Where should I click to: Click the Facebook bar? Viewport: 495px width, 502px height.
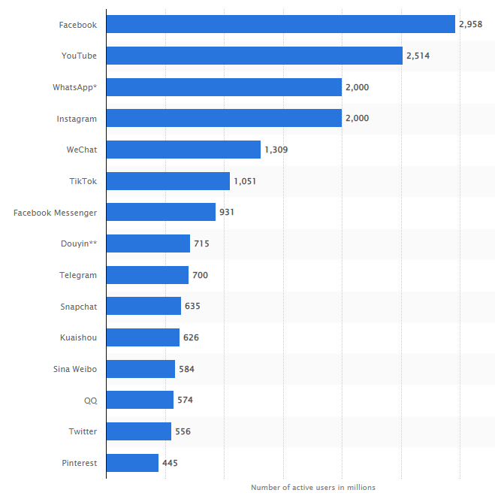click(280, 24)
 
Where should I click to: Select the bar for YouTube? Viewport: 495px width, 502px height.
click(254, 56)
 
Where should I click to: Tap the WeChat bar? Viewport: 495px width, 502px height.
click(183, 150)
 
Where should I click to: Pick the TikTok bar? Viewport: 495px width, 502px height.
click(168, 181)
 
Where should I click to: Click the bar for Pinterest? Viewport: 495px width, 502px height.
click(132, 463)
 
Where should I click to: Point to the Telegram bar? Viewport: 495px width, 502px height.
click(147, 275)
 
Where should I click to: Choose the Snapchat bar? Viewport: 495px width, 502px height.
click(143, 306)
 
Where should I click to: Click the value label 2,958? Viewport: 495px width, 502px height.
click(470, 25)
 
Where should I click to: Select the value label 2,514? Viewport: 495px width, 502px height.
click(418, 56)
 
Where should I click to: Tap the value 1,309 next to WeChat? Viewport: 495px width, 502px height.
click(276, 150)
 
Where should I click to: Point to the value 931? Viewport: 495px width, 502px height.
click(227, 213)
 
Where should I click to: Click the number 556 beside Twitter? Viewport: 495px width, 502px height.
click(183, 431)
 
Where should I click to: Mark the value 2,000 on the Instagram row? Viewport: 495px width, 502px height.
click(357, 118)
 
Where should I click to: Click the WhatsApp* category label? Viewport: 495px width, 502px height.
click(74, 87)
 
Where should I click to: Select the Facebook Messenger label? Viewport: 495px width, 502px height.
click(55, 213)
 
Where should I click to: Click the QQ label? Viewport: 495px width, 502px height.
click(90, 401)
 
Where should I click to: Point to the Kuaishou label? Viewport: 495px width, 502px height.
click(78, 337)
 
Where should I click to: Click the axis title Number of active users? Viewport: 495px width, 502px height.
click(312, 487)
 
